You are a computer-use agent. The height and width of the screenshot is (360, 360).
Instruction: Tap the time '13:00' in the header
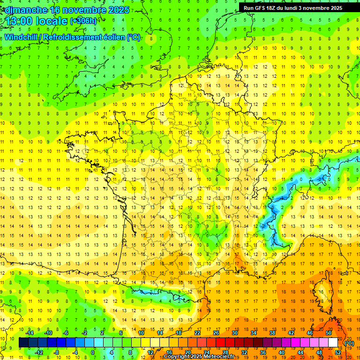(x=19, y=21)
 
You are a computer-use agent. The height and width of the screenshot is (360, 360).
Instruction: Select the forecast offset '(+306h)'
(x=83, y=21)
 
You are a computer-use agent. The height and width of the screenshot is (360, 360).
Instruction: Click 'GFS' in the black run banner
(x=260, y=8)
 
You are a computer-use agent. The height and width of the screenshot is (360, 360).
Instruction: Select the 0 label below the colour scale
(x=93, y=352)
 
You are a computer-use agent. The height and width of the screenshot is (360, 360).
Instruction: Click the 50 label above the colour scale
(x=328, y=333)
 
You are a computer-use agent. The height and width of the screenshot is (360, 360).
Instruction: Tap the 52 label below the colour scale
(x=337, y=352)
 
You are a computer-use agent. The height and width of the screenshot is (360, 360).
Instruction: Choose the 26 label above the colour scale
(x=216, y=333)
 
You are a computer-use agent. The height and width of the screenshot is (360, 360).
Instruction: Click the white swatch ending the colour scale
(x=333, y=343)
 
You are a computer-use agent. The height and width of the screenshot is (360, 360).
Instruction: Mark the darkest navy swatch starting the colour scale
(x=23, y=343)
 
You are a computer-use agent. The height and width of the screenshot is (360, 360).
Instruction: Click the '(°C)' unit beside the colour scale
(x=349, y=343)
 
